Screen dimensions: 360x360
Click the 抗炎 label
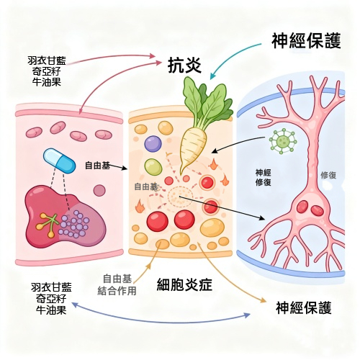[x=184, y=65]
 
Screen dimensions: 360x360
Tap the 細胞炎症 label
[x=184, y=285]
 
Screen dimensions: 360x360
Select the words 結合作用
[x=117, y=291]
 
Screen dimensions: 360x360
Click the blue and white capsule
[x=59, y=161]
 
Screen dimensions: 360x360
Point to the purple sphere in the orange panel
[x=153, y=143]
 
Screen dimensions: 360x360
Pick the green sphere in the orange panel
[x=153, y=167]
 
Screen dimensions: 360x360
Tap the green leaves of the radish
[x=207, y=101]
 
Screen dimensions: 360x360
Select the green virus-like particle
[x=283, y=141]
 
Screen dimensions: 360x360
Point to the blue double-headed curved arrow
[x=161, y=318]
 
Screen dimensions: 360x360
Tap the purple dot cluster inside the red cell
[x=74, y=224]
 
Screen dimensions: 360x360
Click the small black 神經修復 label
[x=264, y=177]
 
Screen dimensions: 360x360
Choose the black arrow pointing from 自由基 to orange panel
[x=118, y=167]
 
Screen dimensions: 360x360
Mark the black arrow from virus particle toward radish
[x=238, y=145]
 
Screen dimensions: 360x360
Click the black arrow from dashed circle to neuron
[x=222, y=207]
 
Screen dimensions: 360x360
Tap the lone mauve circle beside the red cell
[x=99, y=191]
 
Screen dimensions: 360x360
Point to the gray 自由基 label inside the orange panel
[x=145, y=186]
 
